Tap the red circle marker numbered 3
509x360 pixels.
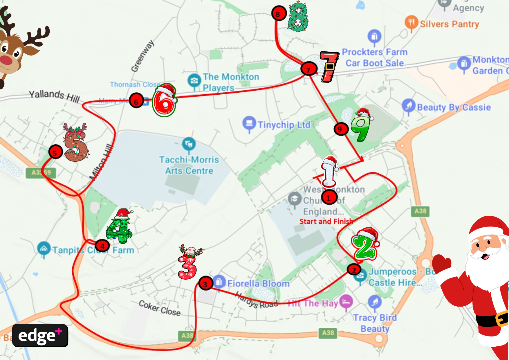click(205, 284)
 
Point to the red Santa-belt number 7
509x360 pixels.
click(329, 67)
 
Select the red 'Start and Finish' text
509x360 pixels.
click(326, 222)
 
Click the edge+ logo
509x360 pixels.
click(40, 336)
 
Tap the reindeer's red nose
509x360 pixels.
click(6, 60)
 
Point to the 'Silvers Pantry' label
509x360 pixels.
click(449, 24)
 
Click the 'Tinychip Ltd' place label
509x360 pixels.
click(284, 125)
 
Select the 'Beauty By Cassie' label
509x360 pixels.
click(454, 107)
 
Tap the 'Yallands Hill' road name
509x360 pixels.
click(54, 96)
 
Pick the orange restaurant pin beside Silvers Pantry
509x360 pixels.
click(411, 22)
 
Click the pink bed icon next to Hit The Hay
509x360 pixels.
click(346, 301)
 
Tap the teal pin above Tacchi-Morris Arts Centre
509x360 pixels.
click(189, 144)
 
